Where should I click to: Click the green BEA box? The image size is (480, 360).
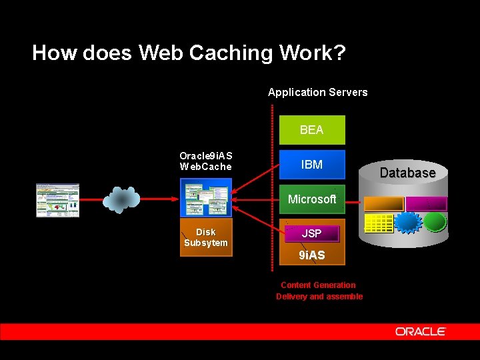(x=311, y=130)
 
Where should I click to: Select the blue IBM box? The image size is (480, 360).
(x=311, y=165)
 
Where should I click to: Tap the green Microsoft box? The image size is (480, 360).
(x=311, y=199)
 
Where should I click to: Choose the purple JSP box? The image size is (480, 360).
(x=311, y=233)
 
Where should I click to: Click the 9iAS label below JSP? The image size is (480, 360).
(x=311, y=255)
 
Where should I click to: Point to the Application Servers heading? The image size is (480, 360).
(x=317, y=92)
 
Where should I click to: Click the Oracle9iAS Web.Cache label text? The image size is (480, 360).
(x=205, y=161)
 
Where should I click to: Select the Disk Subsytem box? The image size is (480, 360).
(x=206, y=237)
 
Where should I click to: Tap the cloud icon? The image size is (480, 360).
(x=121, y=199)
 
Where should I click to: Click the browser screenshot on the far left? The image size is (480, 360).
(x=57, y=200)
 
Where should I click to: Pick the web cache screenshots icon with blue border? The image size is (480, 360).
(x=206, y=198)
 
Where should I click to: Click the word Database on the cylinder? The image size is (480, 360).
(x=407, y=173)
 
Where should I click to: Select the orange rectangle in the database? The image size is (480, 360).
(x=384, y=204)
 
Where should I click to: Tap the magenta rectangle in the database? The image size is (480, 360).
(x=425, y=204)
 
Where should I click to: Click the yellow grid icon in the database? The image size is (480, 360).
(x=378, y=223)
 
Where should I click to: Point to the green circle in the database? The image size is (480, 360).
(x=435, y=222)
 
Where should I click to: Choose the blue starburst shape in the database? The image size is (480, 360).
(x=407, y=222)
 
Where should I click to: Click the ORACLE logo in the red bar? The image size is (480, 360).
(x=420, y=331)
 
